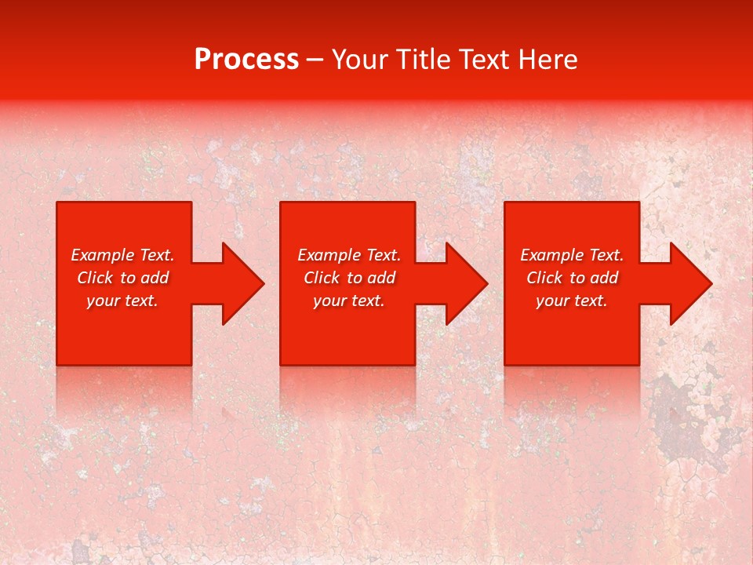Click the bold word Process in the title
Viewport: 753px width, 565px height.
click(246, 60)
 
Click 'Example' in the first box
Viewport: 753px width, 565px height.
click(104, 255)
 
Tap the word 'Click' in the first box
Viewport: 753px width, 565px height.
click(96, 278)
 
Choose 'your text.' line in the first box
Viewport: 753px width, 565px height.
click(122, 301)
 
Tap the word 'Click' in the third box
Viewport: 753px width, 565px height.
click(545, 278)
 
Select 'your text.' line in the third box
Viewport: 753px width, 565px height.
click(572, 301)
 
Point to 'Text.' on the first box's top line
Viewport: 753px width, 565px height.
click(157, 255)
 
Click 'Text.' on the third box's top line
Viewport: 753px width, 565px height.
click(606, 255)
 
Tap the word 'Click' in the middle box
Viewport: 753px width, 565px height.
click(322, 278)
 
